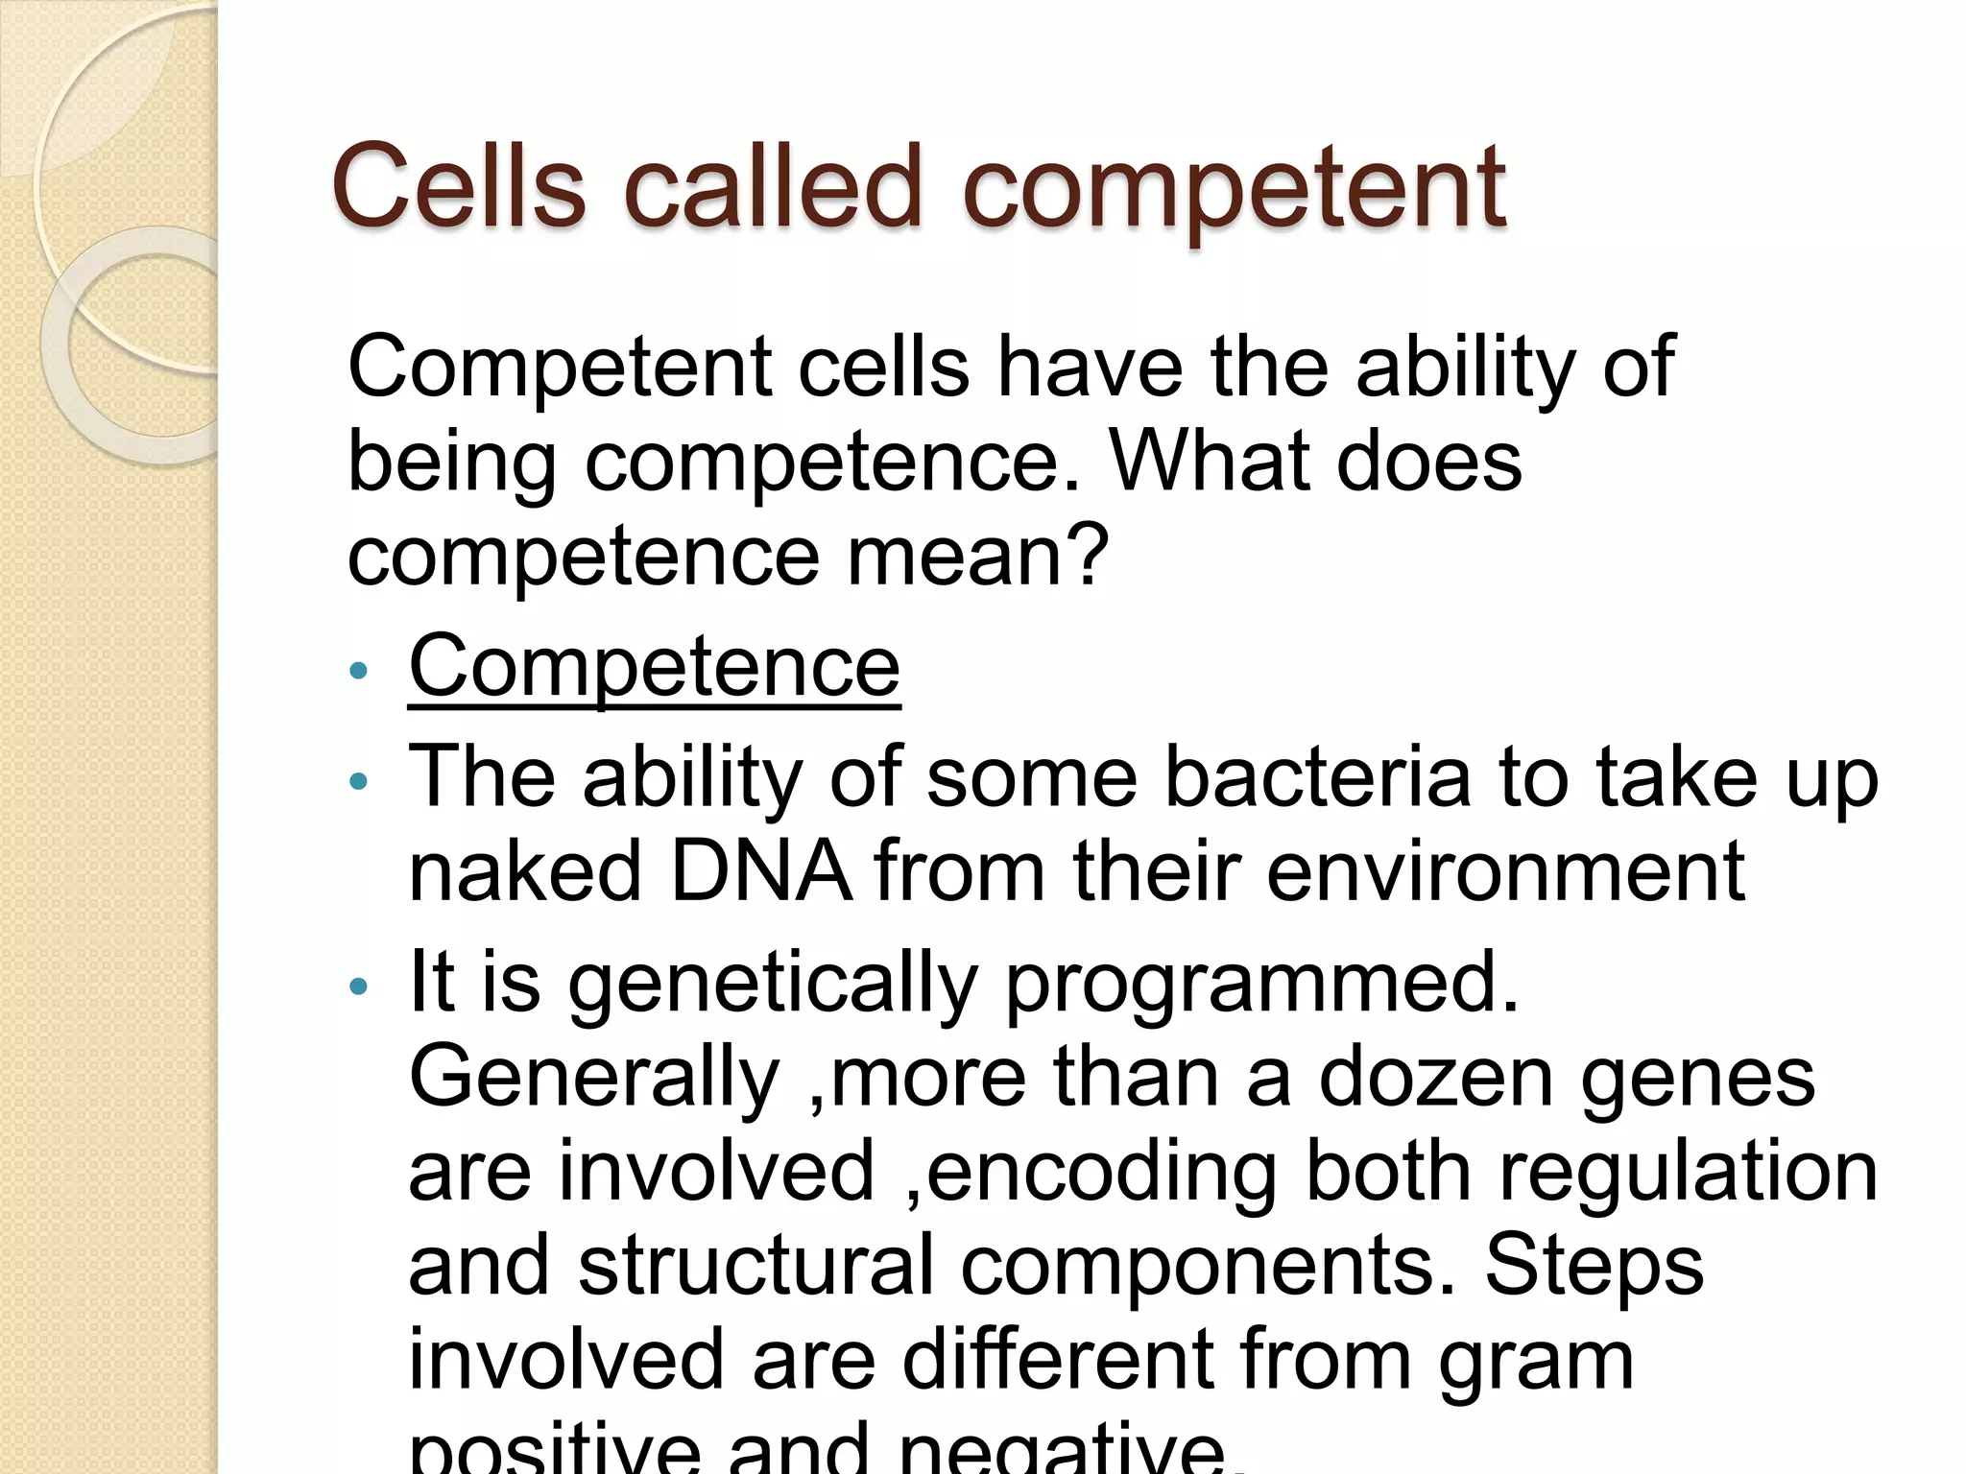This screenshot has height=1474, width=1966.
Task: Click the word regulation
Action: tap(1688, 1172)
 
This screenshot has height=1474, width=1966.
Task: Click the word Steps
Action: tap(1594, 1266)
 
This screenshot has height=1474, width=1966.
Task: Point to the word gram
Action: tap(1536, 1361)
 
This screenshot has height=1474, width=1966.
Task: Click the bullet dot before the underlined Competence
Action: tap(359, 671)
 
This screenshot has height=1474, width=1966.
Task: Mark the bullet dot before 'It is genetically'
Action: tap(359, 987)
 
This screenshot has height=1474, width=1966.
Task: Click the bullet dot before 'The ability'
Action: tap(359, 781)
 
